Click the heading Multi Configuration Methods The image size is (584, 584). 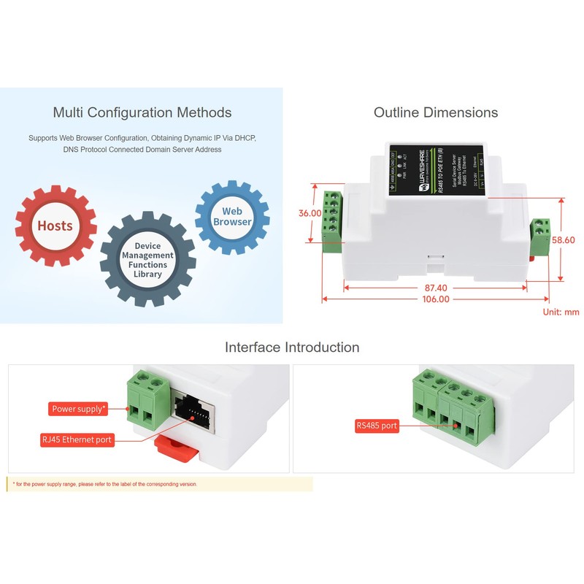(142, 112)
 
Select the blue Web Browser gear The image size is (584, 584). (232, 217)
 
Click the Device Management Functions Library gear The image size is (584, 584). (147, 260)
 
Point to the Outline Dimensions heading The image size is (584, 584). (436, 112)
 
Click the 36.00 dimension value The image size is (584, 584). (310, 213)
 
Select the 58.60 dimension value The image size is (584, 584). (564, 239)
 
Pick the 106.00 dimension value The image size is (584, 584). (436, 299)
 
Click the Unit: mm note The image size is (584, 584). (561, 312)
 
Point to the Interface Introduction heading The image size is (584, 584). (292, 347)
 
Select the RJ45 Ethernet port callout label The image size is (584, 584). (77, 440)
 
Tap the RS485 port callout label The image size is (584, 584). (377, 425)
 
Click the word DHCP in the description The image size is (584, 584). (242, 137)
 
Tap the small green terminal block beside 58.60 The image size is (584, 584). (541, 236)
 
